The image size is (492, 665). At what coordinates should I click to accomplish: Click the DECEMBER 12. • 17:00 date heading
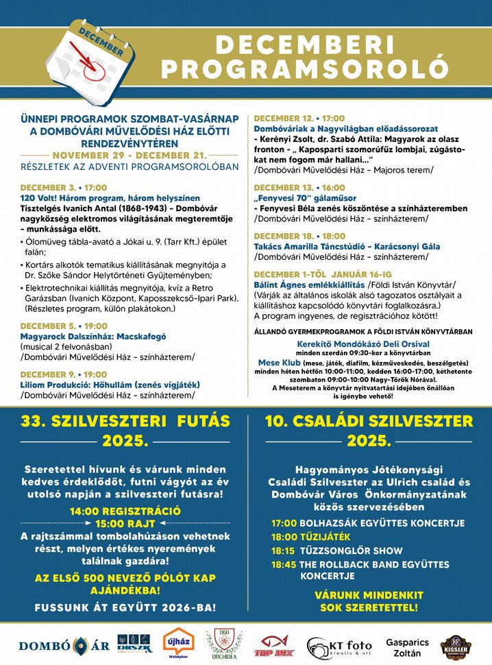299,118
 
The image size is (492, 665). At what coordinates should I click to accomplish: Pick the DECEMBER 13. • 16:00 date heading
299,187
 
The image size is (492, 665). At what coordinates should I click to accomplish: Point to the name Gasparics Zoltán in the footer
407,647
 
